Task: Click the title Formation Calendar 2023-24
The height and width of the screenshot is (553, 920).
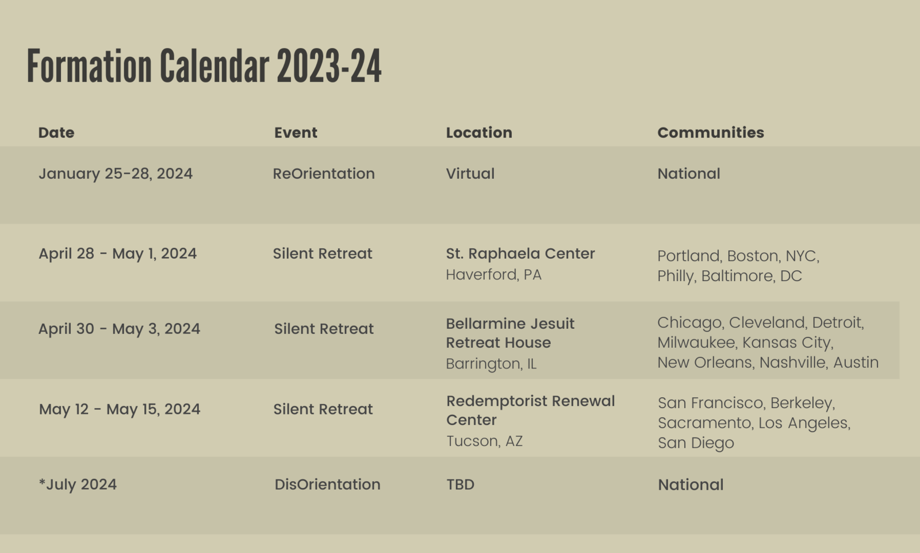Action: pos(204,66)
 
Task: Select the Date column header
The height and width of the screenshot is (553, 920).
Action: pos(56,133)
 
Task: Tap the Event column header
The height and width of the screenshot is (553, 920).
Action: pos(296,133)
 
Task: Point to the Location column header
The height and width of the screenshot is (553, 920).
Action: pos(479,133)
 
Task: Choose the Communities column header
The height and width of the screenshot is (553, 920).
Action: pos(711,133)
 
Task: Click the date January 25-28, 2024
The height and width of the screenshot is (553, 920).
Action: pos(116,174)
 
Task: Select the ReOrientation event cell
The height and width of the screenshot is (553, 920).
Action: pos(324,174)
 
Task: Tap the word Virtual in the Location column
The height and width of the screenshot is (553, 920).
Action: pos(470,174)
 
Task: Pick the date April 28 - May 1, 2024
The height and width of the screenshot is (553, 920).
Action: pos(117,254)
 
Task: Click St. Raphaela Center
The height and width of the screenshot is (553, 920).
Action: pos(520,254)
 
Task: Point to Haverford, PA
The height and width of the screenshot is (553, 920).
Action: pos(494,275)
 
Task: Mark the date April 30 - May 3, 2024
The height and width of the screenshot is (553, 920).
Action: pos(119,329)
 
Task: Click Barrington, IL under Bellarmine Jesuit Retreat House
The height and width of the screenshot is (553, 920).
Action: pos(491,364)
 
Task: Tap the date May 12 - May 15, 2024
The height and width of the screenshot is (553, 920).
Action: pos(120,409)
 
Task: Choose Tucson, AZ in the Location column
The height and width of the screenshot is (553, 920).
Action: pos(484,441)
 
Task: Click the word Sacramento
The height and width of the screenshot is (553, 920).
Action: pos(704,423)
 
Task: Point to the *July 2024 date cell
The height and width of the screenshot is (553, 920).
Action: pos(78,485)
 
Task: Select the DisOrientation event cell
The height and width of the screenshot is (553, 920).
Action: pos(327,485)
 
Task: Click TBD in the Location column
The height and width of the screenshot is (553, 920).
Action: pos(461,485)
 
